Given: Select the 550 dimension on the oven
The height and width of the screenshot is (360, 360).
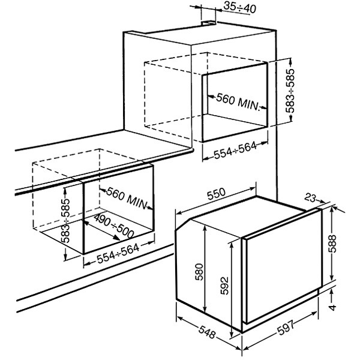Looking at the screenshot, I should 215,194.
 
